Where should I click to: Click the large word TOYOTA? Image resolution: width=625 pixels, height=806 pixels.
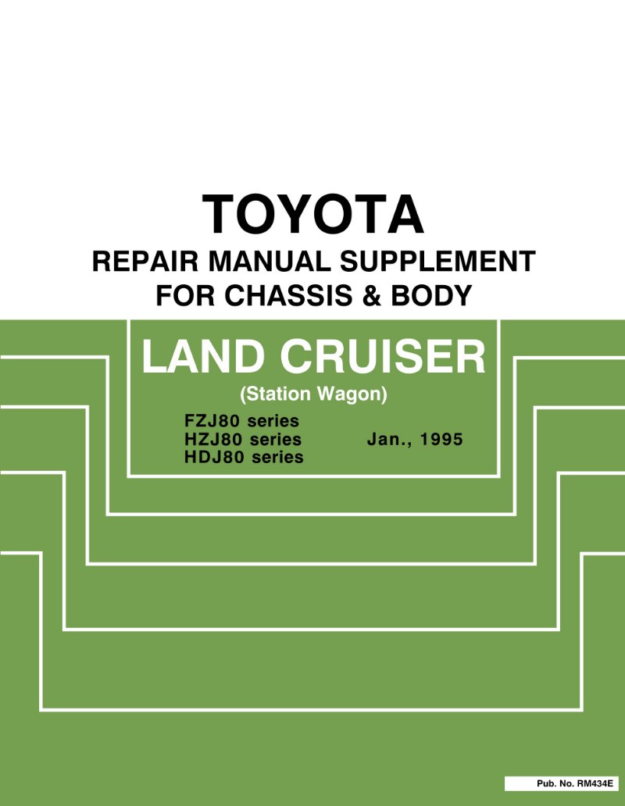coord(312,214)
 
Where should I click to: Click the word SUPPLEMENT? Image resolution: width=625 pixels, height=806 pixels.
coord(438,261)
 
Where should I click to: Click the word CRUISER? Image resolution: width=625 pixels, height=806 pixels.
coord(382,357)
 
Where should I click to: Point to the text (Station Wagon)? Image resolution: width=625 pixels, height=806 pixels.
coord(313,394)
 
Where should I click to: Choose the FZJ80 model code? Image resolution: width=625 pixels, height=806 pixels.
coord(212,421)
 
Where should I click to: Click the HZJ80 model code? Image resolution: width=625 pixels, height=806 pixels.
coord(212,440)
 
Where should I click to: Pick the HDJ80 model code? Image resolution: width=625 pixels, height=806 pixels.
coord(212,458)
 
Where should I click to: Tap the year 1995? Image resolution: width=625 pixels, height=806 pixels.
coord(441,440)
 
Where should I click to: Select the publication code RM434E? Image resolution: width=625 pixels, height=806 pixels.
coord(595,784)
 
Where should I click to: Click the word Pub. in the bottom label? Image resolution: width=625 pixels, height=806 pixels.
coord(546,784)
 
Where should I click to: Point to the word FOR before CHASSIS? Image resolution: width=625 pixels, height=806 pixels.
coord(185,295)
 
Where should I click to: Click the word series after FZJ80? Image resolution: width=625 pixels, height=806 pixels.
coord(273,421)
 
